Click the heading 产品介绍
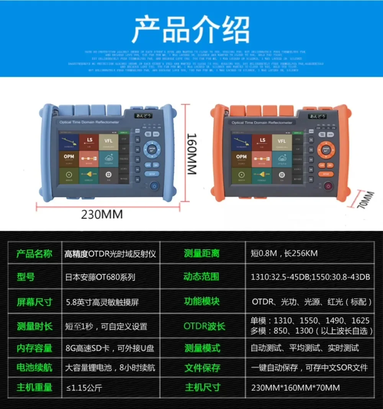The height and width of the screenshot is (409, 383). (190, 29)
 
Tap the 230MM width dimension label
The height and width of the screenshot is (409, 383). (101, 214)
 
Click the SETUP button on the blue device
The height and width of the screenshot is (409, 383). (152, 173)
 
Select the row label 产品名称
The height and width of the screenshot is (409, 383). (34, 254)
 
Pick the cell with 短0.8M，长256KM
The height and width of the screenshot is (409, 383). (284, 254)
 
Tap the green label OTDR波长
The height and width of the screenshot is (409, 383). (204, 326)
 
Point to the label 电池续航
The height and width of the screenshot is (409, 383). (34, 368)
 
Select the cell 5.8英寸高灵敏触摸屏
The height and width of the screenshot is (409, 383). (102, 302)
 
